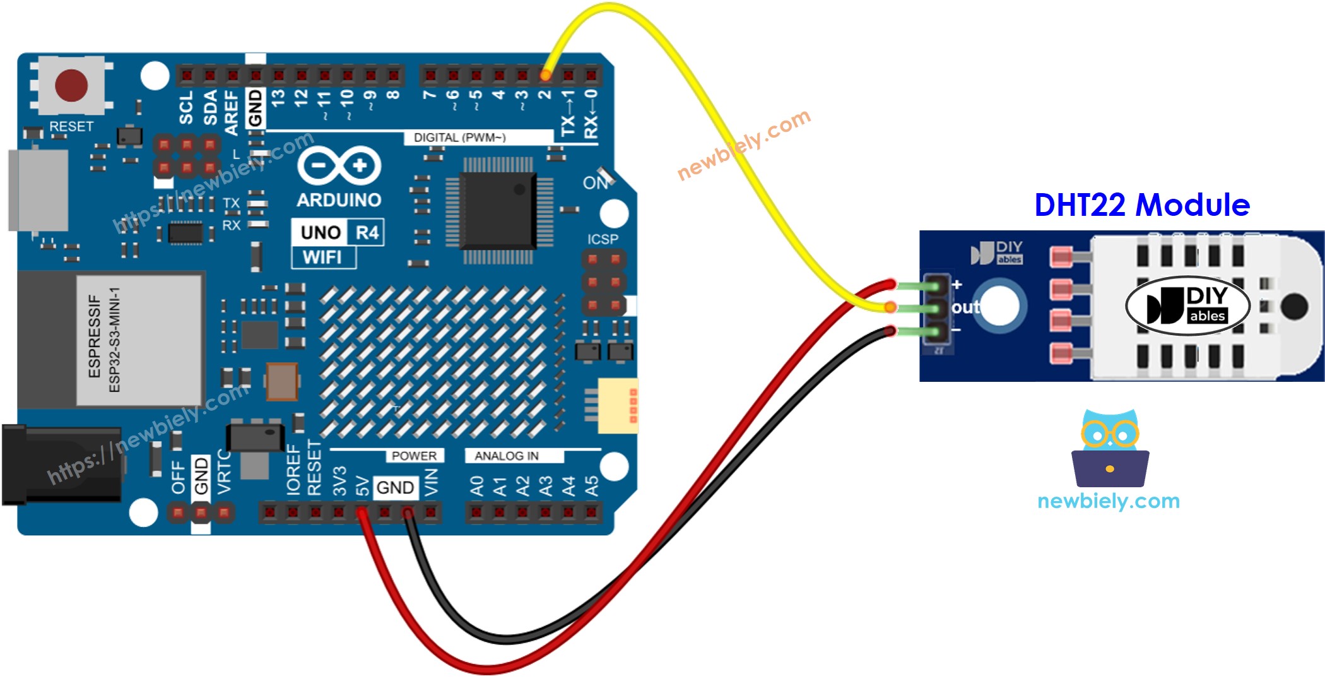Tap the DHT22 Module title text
click(1141, 205)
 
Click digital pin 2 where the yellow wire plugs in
click(545, 76)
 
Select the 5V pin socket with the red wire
click(362, 512)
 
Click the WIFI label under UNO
click(322, 258)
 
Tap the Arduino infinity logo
click(339, 167)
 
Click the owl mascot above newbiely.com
click(1110, 449)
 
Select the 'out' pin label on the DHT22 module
click(965, 307)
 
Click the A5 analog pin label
click(591, 485)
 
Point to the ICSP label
click(603, 239)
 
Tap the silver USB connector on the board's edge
click(38, 190)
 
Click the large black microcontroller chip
click(498, 210)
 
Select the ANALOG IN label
click(507, 456)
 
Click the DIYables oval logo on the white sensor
click(1187, 305)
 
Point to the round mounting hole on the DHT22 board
click(1000, 306)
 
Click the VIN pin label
click(431, 483)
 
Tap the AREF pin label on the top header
click(232, 112)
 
